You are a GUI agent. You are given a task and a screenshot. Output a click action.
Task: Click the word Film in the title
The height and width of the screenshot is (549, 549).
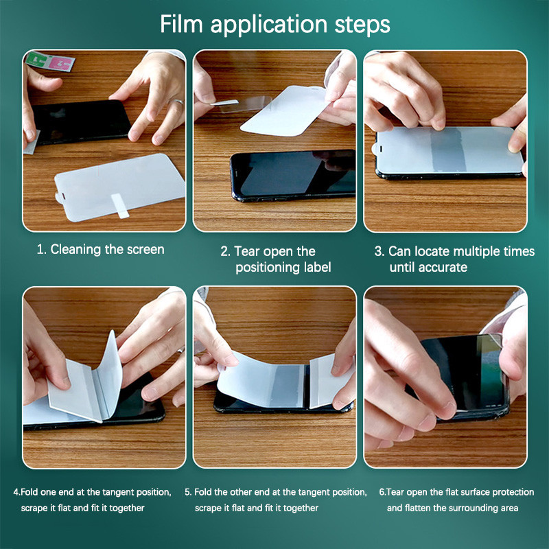181,24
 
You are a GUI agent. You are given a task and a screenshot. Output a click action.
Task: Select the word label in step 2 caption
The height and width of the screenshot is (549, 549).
317,267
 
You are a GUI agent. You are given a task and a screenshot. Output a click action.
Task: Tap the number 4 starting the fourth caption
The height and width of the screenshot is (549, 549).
16,492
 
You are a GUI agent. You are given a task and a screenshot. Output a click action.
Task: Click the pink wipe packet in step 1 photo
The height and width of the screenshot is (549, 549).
61,63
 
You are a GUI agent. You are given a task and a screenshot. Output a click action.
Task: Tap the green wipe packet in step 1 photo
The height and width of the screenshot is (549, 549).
37,59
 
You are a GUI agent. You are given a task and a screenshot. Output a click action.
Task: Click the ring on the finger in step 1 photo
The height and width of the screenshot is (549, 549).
176,102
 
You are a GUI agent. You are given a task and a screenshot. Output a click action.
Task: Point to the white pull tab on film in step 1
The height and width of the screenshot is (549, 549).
119,206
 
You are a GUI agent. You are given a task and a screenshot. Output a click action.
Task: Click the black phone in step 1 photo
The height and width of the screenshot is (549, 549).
81,121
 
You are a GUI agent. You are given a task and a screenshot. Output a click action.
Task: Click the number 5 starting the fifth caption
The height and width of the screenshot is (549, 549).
187,492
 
